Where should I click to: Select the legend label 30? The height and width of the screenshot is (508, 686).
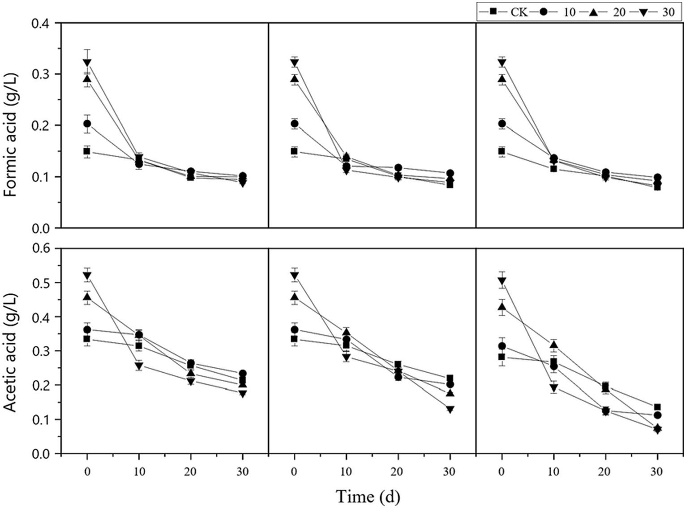[x=668, y=12]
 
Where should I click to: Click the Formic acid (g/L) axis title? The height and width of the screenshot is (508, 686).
[x=11, y=125]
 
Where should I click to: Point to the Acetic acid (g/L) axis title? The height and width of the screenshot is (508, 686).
[x=11, y=352]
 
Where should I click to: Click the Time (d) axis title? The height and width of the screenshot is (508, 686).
[x=368, y=496]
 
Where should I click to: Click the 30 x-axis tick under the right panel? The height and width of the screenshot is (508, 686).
[x=657, y=472]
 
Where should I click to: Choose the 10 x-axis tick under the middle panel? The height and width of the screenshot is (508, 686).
[x=346, y=472]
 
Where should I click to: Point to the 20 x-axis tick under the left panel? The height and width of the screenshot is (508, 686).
[x=191, y=472]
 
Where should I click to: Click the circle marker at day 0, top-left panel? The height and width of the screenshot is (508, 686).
[x=87, y=124]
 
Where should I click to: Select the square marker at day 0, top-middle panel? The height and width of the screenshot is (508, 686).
[x=294, y=151]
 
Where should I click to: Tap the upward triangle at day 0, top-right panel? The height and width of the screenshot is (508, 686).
[x=502, y=79]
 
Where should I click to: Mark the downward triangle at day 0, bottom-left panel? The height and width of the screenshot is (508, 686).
[x=87, y=276]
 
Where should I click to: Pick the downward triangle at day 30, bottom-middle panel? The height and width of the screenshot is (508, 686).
[x=450, y=409]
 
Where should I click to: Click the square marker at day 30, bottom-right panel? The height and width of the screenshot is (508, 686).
[x=657, y=407]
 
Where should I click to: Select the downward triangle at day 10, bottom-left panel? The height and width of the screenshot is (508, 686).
[x=139, y=366]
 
